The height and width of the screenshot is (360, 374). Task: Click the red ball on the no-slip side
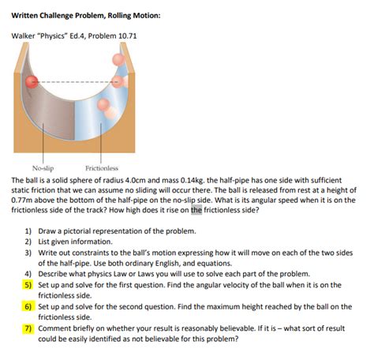click(x=32, y=81)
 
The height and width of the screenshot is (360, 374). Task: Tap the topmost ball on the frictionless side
click(x=118, y=60)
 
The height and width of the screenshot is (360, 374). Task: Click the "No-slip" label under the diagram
click(x=43, y=168)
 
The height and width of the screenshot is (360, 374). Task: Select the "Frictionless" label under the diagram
click(x=102, y=168)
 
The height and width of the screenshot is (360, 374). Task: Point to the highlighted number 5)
click(x=28, y=285)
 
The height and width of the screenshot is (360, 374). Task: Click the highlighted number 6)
click(x=28, y=306)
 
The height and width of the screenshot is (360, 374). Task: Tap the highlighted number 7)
click(x=28, y=328)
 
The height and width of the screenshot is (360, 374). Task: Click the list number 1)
click(x=28, y=231)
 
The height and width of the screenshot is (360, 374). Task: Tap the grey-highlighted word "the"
click(x=196, y=210)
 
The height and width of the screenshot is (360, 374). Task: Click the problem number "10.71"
click(x=128, y=36)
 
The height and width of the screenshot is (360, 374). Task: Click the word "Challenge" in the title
click(x=56, y=16)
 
